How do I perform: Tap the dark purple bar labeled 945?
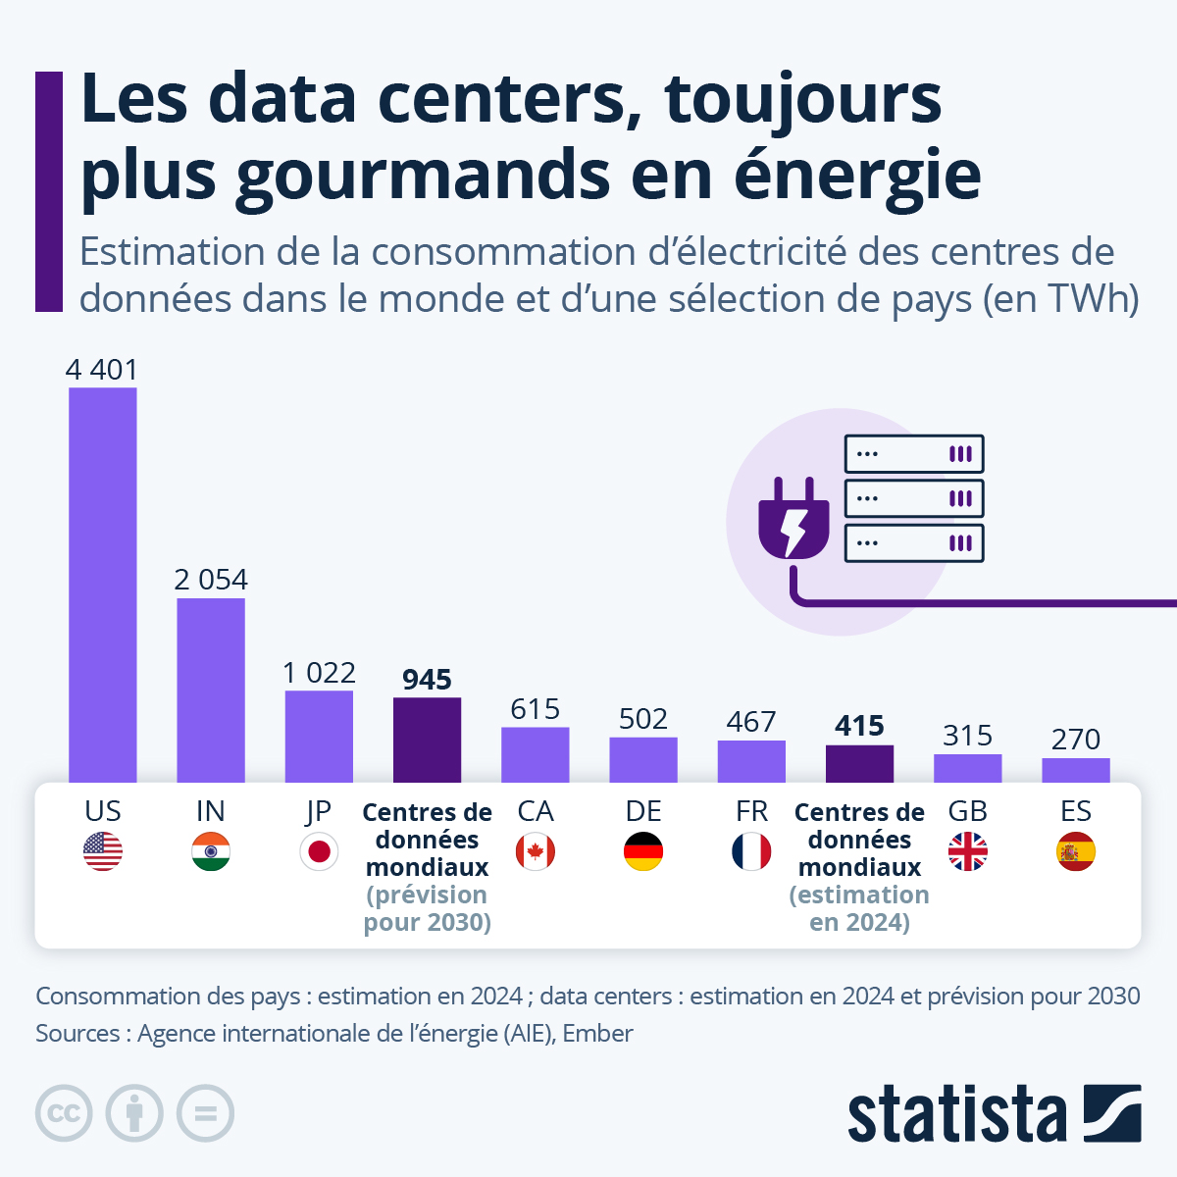point(427,740)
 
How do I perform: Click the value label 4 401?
point(102,370)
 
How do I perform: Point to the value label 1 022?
point(319,673)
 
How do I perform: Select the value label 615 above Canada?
point(535,709)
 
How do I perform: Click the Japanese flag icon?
point(319,851)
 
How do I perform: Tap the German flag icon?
point(643,851)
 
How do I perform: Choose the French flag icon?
point(751,851)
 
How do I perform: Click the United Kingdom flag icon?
point(968,851)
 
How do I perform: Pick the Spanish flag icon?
point(1076,851)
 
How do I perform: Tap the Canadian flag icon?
point(536,851)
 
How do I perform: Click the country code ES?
point(1076,811)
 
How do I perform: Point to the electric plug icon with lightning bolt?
point(793,520)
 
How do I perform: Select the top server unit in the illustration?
point(914,454)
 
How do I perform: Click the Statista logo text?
point(956,1114)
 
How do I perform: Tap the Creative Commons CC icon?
point(64,1114)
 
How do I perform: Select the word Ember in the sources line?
point(597,1034)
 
